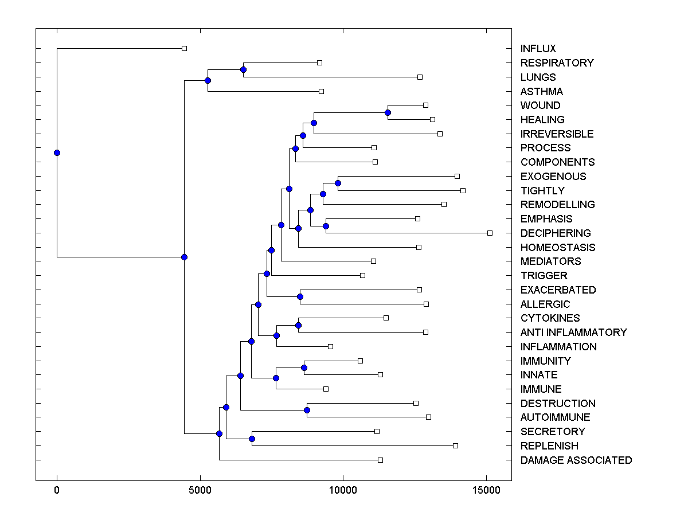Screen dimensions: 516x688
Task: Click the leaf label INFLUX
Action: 538,49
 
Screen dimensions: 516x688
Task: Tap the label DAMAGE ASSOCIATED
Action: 576,460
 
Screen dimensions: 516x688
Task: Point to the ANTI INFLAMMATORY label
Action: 573,332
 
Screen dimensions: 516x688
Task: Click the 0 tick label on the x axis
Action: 57,491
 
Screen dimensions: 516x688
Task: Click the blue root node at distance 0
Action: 57,153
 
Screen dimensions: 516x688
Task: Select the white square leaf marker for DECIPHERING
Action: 490,233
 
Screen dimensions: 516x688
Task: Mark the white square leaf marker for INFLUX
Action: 184,48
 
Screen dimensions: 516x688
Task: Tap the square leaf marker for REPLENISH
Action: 455,445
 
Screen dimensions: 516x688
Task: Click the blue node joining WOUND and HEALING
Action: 388,112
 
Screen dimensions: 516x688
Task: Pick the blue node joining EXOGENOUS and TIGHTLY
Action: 338,183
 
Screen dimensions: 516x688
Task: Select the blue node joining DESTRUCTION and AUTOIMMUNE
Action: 307,410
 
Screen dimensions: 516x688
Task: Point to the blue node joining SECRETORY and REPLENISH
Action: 252,439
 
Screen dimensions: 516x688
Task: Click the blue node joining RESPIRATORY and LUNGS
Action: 243,69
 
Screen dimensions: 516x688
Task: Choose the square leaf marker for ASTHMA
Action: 321,91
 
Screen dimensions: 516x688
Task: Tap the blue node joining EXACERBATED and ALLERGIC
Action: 300,296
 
